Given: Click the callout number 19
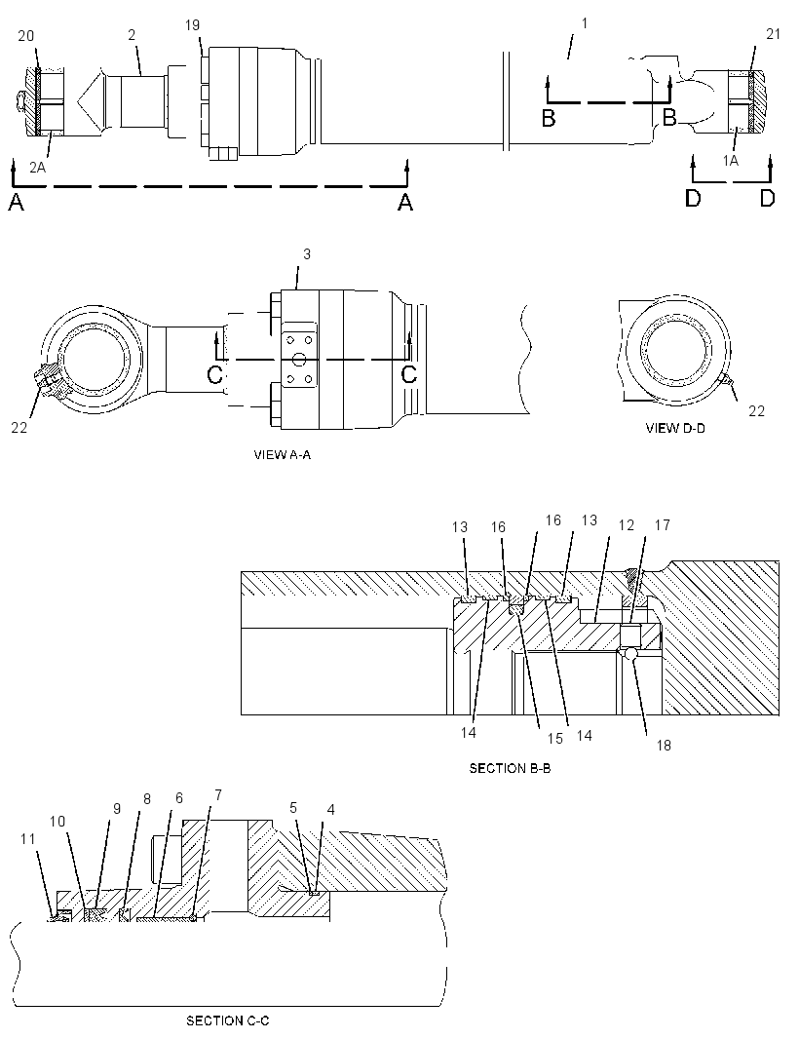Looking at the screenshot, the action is point(192,25).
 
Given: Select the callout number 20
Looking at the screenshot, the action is point(26,36).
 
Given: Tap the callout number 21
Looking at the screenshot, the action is point(773,34).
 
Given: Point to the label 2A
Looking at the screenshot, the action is point(38,168).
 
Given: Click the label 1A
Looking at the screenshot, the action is point(730,161).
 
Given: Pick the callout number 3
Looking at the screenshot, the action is point(307,253).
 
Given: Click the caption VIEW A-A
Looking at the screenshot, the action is point(283,454).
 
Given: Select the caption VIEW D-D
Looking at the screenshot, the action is point(675,428).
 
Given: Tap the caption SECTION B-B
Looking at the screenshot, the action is point(511,768).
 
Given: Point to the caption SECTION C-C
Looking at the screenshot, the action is point(227,1020).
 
